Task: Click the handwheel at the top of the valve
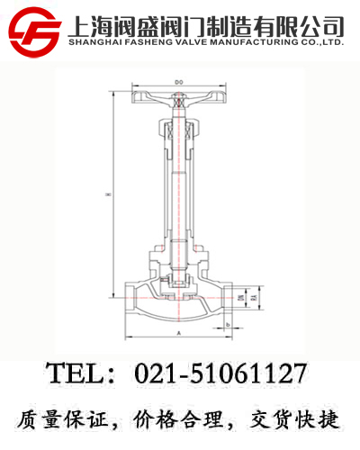click(179, 95)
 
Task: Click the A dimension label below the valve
click(179, 333)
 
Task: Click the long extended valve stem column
click(179, 180)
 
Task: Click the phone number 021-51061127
click(220, 373)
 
